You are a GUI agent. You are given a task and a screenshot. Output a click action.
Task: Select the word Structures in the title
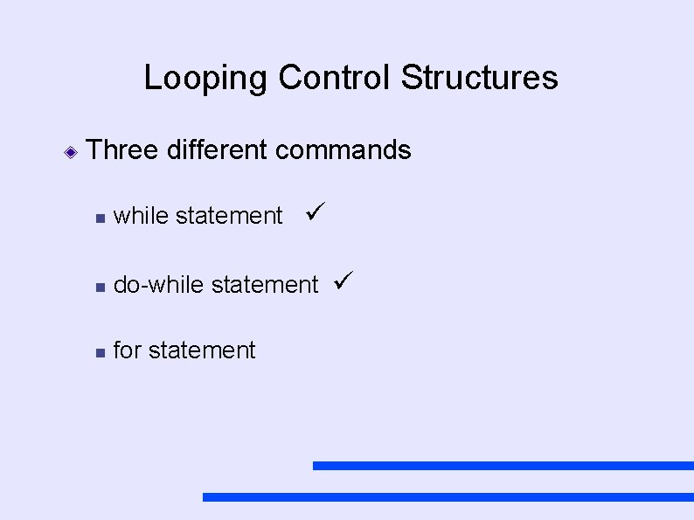(479, 78)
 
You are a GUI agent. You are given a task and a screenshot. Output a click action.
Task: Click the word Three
(122, 150)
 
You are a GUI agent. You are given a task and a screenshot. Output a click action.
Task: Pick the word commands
(343, 150)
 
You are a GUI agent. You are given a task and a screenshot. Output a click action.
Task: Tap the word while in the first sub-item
(142, 216)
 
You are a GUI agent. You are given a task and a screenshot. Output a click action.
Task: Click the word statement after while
(229, 216)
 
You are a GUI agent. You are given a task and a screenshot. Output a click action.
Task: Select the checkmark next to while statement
(316, 211)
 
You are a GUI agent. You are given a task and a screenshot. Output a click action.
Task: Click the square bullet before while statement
(101, 218)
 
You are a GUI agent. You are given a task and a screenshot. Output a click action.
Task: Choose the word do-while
(160, 285)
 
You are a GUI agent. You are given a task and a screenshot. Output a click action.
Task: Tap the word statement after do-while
(266, 285)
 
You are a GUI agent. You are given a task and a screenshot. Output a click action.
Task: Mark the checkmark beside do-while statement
(343, 281)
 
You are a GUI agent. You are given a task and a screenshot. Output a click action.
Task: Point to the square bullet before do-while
(101, 287)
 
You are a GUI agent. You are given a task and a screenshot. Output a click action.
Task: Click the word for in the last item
(128, 350)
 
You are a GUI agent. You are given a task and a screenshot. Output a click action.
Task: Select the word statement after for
(202, 350)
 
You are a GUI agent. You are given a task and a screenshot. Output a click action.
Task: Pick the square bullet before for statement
(101, 352)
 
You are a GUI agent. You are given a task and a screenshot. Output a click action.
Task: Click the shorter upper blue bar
(503, 466)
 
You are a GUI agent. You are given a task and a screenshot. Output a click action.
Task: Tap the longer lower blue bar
(448, 496)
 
